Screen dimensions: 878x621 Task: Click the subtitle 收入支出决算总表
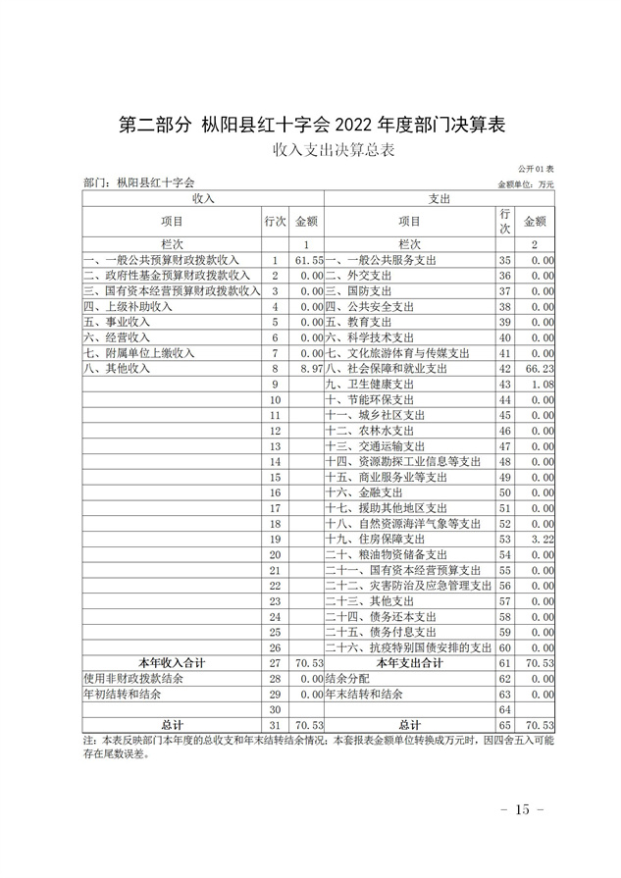(x=310, y=150)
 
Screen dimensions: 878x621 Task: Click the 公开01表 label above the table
(x=538, y=170)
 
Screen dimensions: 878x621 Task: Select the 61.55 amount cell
(x=309, y=260)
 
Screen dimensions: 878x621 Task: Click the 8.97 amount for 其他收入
(x=310, y=368)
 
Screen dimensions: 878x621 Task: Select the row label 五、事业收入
(x=117, y=322)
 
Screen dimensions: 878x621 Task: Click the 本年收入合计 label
(x=171, y=662)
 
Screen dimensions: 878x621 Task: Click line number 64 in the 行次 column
(x=505, y=708)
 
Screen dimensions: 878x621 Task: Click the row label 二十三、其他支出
(x=373, y=600)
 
